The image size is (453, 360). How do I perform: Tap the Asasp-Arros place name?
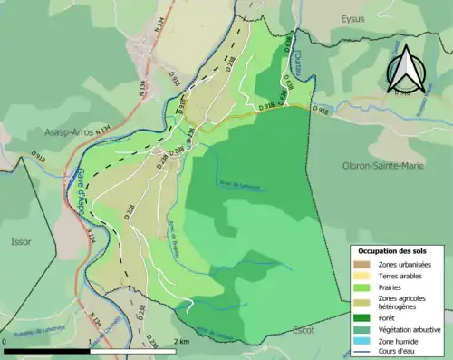tap(69, 132)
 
